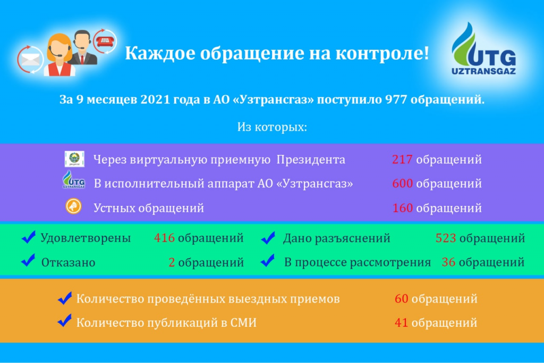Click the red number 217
(x=402, y=159)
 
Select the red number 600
(x=403, y=183)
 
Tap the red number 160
(x=403, y=208)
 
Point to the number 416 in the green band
(x=164, y=238)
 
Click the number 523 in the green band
(x=446, y=238)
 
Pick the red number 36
(x=448, y=262)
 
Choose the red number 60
(x=402, y=298)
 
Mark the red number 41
(x=401, y=323)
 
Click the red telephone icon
(x=105, y=41)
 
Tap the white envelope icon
(x=30, y=60)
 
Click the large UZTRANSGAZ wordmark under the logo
(x=483, y=71)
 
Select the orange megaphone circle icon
(x=73, y=206)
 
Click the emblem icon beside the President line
(x=74, y=159)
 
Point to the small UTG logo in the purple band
(x=73, y=179)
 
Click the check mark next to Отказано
(x=28, y=260)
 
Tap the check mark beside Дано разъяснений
(x=268, y=237)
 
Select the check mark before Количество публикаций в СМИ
(x=64, y=320)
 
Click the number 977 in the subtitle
(x=396, y=100)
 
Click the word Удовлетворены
(x=86, y=238)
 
